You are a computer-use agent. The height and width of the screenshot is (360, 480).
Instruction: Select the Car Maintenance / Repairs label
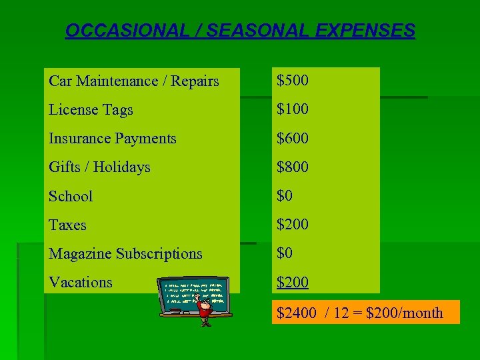[134, 81]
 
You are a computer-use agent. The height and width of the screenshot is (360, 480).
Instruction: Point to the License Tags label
[91, 110]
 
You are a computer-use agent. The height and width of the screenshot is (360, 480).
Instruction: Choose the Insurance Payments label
[113, 139]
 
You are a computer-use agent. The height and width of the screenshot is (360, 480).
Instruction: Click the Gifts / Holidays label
[99, 167]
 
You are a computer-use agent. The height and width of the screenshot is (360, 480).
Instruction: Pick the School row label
[71, 196]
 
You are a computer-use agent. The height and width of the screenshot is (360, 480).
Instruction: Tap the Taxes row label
[67, 225]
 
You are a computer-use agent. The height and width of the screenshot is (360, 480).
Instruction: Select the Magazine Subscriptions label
[125, 253]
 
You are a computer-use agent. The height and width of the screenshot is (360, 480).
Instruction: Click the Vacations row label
[81, 282]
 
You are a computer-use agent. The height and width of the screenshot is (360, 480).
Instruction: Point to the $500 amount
[293, 81]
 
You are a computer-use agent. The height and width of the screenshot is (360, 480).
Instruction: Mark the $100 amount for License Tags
[293, 109]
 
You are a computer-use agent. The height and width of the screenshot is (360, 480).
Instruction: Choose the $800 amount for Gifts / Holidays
[293, 167]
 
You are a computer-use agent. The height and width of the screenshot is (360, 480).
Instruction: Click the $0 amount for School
[285, 195]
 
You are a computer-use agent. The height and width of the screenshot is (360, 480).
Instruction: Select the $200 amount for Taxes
[293, 224]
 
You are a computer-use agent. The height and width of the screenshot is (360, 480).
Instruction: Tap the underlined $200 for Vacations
[293, 282]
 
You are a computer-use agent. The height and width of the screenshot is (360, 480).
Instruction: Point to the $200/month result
[405, 313]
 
